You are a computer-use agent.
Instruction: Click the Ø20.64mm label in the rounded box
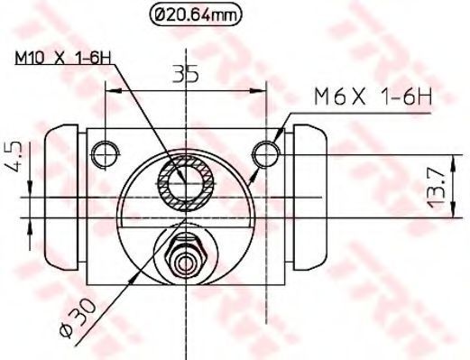click(x=195, y=14)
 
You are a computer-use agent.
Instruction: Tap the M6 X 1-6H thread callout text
click(x=373, y=97)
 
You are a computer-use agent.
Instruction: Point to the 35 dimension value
click(x=186, y=75)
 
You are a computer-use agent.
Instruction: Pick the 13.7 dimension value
click(x=437, y=188)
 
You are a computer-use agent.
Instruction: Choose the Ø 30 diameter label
click(x=78, y=318)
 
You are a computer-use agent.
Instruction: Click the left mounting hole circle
click(x=106, y=154)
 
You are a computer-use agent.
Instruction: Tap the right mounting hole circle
click(x=266, y=154)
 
